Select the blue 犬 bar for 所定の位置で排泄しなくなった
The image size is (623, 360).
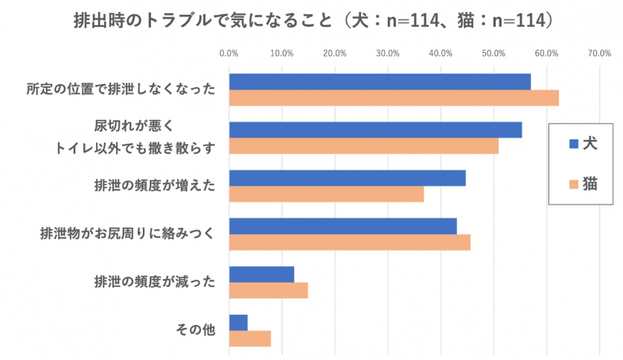pyautogui.click(x=380, y=82)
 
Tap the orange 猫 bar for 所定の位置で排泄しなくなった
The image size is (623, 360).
pyautogui.click(x=394, y=98)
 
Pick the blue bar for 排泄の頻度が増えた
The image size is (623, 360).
pyautogui.click(x=347, y=178)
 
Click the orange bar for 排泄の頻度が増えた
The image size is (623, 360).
pyautogui.click(x=326, y=194)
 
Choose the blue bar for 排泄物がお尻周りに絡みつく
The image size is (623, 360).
pyautogui.click(x=342, y=226)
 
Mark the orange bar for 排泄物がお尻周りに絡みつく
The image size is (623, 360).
pyautogui.click(x=350, y=242)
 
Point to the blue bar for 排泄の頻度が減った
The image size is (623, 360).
pyautogui.click(x=261, y=274)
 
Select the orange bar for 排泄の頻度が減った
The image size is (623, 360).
pyautogui.click(x=268, y=290)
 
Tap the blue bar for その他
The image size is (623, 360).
pyautogui.click(x=238, y=322)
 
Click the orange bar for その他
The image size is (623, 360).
pyautogui.click(x=250, y=338)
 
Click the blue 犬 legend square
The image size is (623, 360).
pyautogui.click(x=573, y=144)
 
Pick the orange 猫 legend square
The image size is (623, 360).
pyautogui.click(x=573, y=184)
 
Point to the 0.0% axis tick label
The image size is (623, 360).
pyautogui.click(x=229, y=53)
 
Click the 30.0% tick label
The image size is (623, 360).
pyautogui.click(x=388, y=53)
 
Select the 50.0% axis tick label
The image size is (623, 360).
pyautogui.click(x=493, y=53)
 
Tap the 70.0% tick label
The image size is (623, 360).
pyautogui.click(x=599, y=53)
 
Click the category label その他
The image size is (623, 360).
pyautogui.click(x=198, y=330)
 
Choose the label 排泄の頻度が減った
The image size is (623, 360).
pyautogui.click(x=154, y=282)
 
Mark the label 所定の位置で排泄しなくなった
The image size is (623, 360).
pyautogui.click(x=120, y=90)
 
